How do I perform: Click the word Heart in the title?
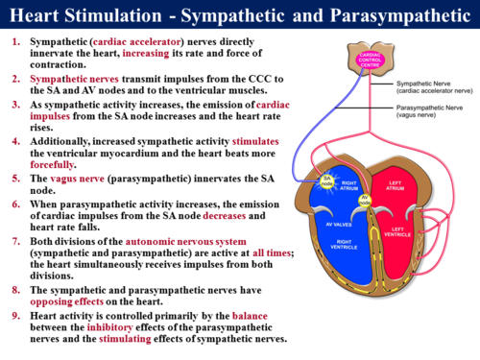37,15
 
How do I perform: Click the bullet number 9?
15,314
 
